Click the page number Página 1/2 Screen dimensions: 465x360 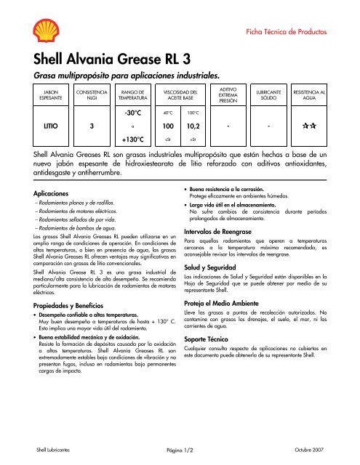179,450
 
